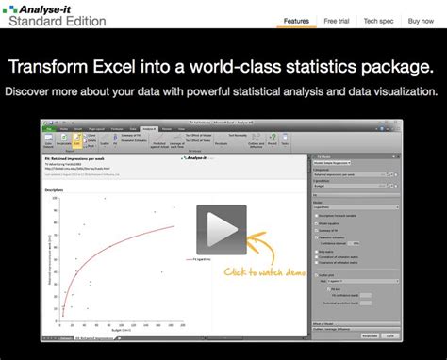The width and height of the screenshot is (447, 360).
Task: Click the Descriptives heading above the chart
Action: [x=55, y=189]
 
